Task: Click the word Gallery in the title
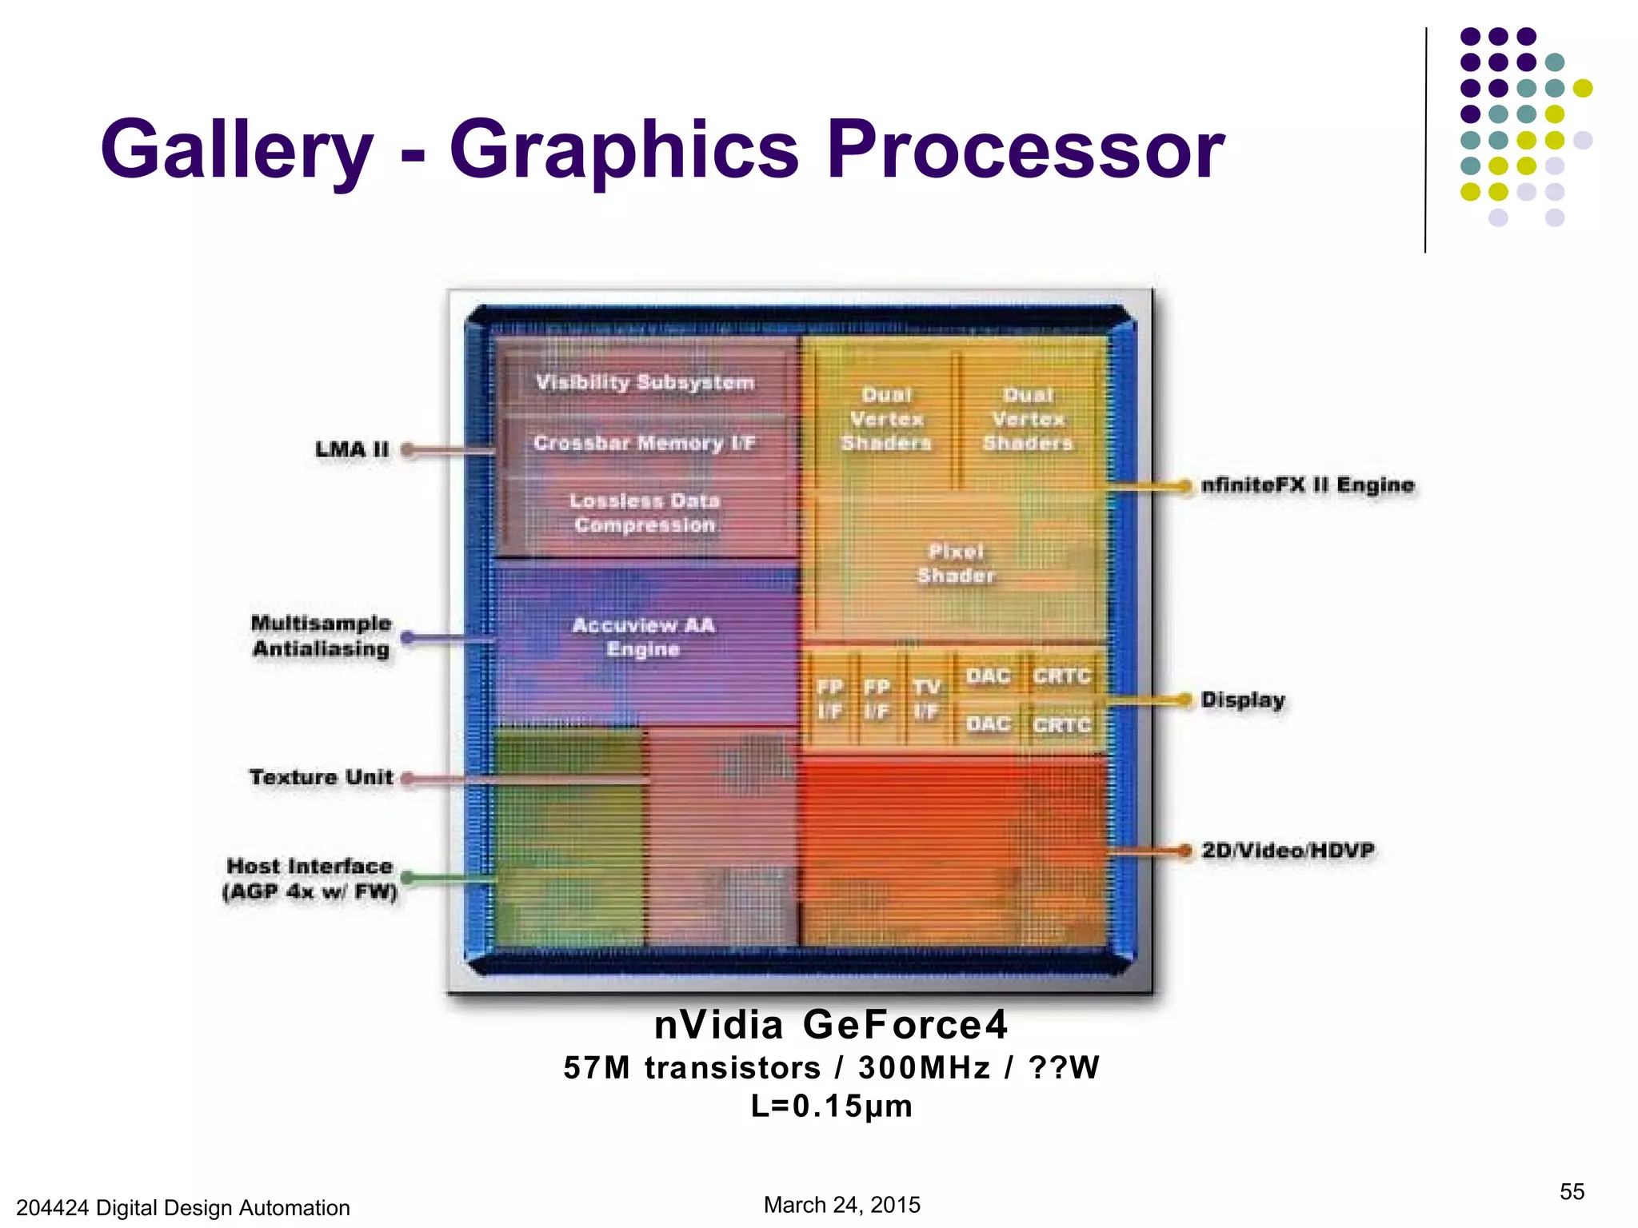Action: coord(237,150)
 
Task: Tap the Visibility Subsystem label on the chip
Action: coord(645,382)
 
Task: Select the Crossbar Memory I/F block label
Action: coord(644,443)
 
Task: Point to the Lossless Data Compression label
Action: coord(645,512)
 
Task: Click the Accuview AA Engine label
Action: coord(644,636)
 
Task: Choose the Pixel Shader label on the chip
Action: coord(956,563)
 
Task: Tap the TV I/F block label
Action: coord(926,699)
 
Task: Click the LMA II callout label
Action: coord(352,449)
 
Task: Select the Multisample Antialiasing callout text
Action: coord(322,636)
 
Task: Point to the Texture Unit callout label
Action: coord(322,777)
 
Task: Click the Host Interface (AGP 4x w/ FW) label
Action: coord(310,879)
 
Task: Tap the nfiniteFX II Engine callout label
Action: coord(1308,485)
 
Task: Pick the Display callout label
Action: coord(1243,700)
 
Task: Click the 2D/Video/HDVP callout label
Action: coord(1288,851)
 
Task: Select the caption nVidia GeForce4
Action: coord(831,1025)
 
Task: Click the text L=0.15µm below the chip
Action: coord(831,1106)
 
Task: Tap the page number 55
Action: coord(1572,1192)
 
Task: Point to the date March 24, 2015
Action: coord(841,1205)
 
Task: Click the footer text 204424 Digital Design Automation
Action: coord(183,1207)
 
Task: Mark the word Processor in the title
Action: coord(1025,150)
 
